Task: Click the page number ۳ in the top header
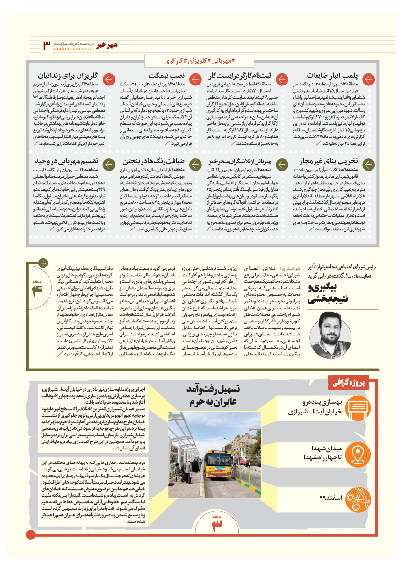[x=46, y=44]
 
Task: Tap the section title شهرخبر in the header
[x=111, y=43]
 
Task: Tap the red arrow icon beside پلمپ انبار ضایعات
[x=369, y=80]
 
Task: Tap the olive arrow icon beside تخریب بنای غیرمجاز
[x=369, y=164]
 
